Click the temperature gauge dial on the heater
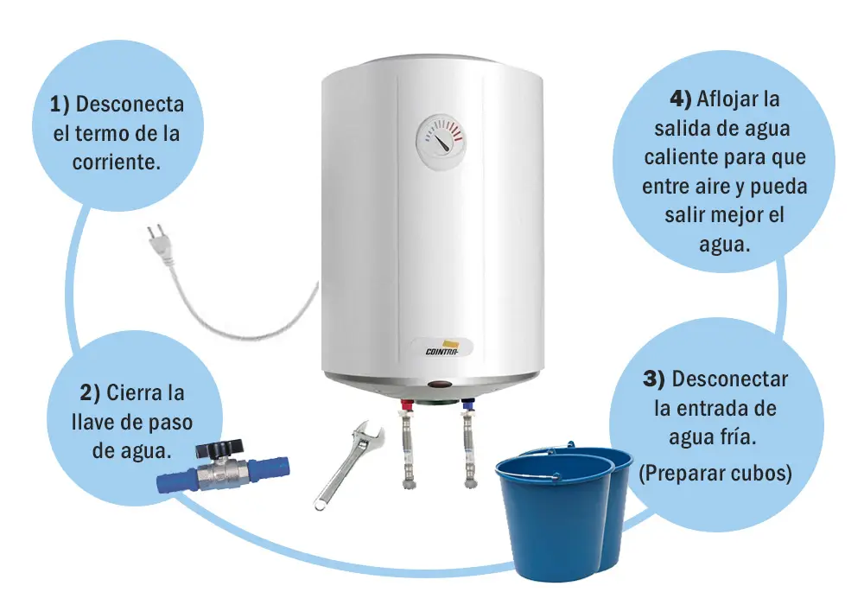[441, 141]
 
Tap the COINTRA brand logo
[442, 349]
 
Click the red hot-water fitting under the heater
[407, 405]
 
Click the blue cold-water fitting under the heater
[469, 405]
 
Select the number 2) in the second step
[90, 393]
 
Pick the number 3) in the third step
[654, 379]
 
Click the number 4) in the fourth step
[681, 99]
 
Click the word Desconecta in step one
[130, 104]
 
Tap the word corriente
[117, 162]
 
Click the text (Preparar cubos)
[715, 473]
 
